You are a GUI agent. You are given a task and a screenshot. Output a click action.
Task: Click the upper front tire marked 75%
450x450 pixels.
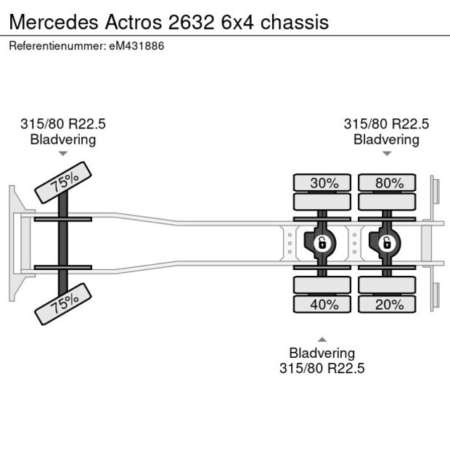[x=64, y=184]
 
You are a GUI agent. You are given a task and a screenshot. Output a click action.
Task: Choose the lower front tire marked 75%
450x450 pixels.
[x=64, y=303]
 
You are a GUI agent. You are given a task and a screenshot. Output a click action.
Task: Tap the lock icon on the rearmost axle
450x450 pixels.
[x=386, y=242]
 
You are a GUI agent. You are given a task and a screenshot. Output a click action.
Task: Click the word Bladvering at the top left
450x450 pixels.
[x=62, y=139]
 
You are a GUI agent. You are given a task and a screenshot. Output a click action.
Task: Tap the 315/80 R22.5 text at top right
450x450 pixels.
[x=386, y=124]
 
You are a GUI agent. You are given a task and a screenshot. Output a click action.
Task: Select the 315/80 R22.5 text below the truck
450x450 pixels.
[x=322, y=368]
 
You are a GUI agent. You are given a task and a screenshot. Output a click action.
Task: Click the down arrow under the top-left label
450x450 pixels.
[x=63, y=154]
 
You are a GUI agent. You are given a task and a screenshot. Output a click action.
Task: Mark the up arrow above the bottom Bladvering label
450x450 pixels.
[x=322, y=339]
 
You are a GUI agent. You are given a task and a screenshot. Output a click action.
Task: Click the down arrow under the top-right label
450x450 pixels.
[x=387, y=154]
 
